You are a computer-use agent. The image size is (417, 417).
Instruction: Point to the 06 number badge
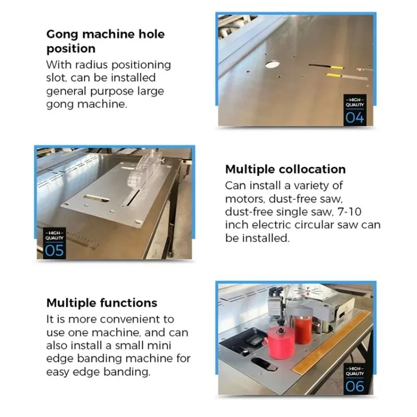355,386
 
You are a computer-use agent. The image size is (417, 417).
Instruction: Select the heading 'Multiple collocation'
285,169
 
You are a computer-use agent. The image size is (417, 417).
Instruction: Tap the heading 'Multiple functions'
102,303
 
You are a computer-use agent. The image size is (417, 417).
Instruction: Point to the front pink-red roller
280,342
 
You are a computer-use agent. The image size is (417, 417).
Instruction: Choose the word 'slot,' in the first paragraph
58,78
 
